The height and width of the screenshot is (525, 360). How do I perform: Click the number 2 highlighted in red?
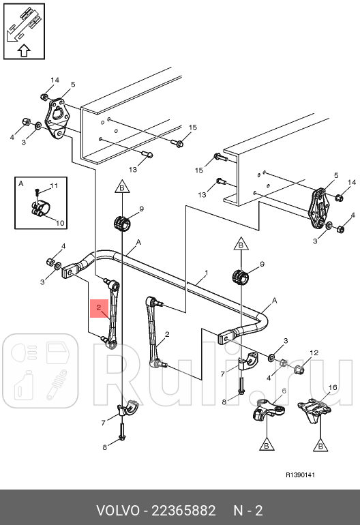[98, 307]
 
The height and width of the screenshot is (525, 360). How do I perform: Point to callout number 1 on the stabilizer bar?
[207, 273]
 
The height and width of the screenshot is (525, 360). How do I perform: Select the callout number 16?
[333, 387]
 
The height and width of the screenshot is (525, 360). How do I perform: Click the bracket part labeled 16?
[314, 410]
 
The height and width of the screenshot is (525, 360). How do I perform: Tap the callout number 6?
[284, 391]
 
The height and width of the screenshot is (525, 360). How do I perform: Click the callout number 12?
[314, 352]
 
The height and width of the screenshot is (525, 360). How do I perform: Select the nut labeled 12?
[299, 370]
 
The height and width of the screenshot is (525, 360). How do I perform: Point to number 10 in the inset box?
[60, 223]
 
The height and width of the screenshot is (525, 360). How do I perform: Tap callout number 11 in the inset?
[54, 185]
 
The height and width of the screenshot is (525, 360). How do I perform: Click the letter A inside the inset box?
[20, 183]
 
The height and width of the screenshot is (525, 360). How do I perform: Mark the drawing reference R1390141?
[300, 475]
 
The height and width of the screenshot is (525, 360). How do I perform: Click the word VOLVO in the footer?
[118, 511]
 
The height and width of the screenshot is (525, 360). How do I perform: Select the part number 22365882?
[183, 511]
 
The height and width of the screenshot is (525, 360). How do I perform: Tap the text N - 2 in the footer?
[247, 511]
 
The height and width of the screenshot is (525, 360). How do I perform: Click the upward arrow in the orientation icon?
[24, 50]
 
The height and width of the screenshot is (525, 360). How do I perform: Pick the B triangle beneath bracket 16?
[320, 445]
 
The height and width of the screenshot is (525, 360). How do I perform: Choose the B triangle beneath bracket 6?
[267, 444]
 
